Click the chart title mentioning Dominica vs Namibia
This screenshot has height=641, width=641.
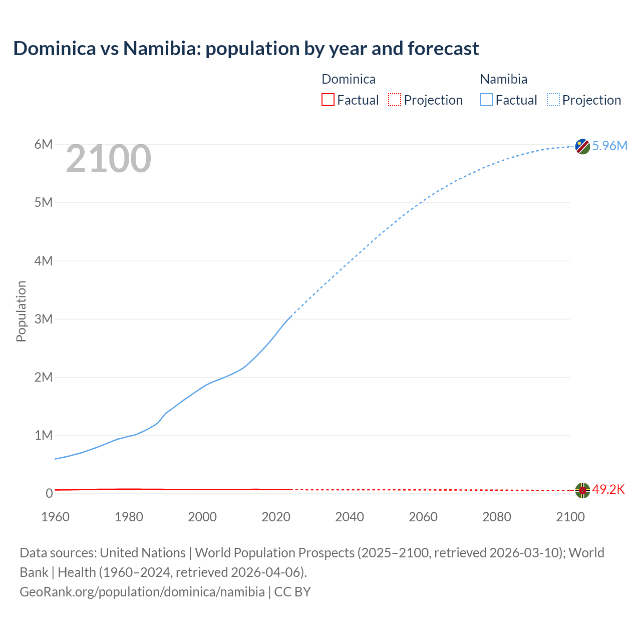pyautogui.click(x=246, y=49)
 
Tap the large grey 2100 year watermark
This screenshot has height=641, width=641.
pyautogui.click(x=108, y=159)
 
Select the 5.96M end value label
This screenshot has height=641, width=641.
pyautogui.click(x=609, y=146)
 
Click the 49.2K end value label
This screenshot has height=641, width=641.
pyautogui.click(x=608, y=489)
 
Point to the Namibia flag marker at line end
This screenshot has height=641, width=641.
pyautogui.click(x=582, y=147)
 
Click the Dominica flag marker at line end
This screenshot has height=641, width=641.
pyautogui.click(x=582, y=491)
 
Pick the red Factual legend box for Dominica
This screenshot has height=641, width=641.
pyautogui.click(x=328, y=100)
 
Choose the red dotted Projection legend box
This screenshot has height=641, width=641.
pyautogui.click(x=395, y=100)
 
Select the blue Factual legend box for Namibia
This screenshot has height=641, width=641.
pyautogui.click(x=486, y=100)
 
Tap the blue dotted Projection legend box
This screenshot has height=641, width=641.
pyautogui.click(x=553, y=100)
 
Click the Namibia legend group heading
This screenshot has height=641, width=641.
pyautogui.click(x=503, y=79)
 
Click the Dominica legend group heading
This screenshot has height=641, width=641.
pyautogui.click(x=348, y=79)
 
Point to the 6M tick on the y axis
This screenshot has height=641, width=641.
pyautogui.click(x=44, y=145)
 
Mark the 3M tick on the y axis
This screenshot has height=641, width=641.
pyautogui.click(x=44, y=319)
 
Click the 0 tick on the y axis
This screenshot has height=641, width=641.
pyautogui.click(x=49, y=493)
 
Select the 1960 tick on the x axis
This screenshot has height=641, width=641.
pyautogui.click(x=55, y=517)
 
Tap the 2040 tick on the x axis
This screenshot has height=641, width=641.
pyautogui.click(x=350, y=517)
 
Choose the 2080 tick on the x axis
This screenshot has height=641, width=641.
pyautogui.click(x=497, y=517)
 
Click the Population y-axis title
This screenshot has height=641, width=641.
pyautogui.click(x=21, y=311)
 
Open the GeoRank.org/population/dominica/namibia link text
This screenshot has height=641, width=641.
pyautogui.click(x=142, y=592)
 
